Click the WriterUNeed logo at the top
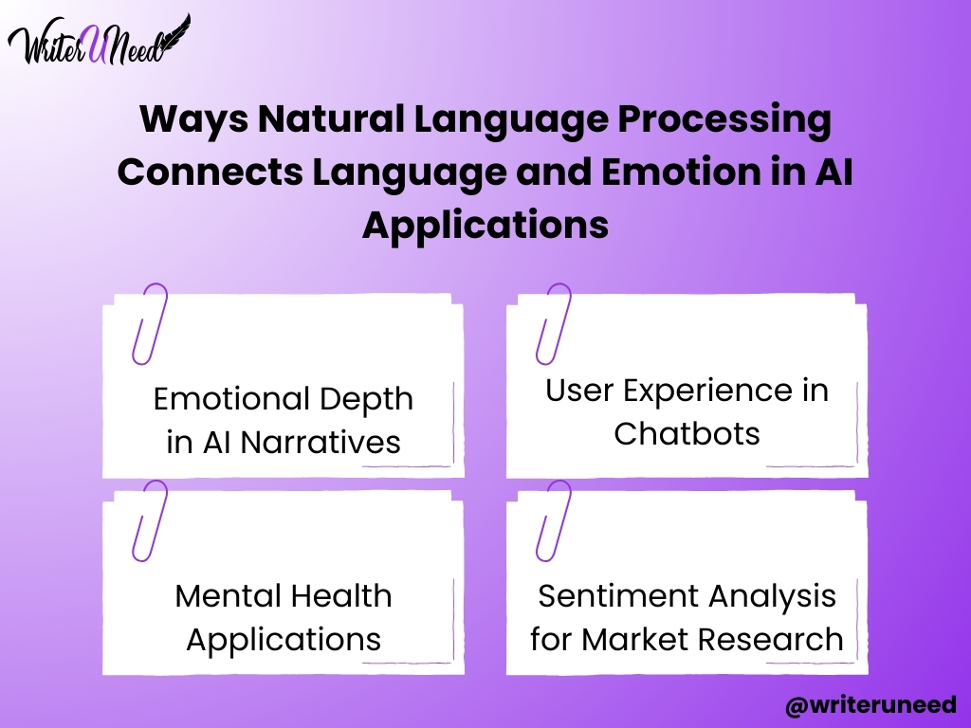pos(99,41)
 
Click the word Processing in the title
pos(724,120)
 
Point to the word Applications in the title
pos(485,226)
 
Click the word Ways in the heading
pos(193,120)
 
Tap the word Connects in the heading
pos(210,173)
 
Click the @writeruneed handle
pos(870,705)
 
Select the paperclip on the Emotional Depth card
pos(150,324)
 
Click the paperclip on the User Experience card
pos(554,324)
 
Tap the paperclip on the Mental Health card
pos(150,520)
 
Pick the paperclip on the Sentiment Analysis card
pos(554,520)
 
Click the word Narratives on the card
pos(321,442)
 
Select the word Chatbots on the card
pos(687,433)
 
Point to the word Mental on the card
pos(228,596)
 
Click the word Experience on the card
pos(707,391)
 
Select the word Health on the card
pos(340,596)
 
